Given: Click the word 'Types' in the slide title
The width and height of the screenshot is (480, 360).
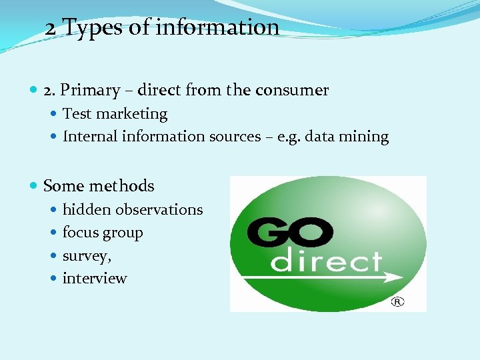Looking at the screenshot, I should tap(93, 28).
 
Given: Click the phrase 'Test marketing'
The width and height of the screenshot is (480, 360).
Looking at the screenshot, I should tap(115, 114).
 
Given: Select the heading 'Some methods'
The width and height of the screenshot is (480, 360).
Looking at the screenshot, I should tap(99, 186).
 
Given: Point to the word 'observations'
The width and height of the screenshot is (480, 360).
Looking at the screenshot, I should tap(159, 209).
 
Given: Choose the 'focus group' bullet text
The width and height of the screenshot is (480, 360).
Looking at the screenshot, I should tap(103, 233).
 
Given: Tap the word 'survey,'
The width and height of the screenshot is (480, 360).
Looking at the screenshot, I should tap(87, 256).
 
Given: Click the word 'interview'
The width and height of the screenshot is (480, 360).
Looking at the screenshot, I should tap(95, 278).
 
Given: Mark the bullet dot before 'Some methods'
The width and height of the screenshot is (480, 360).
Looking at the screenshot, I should tap(34, 186).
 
